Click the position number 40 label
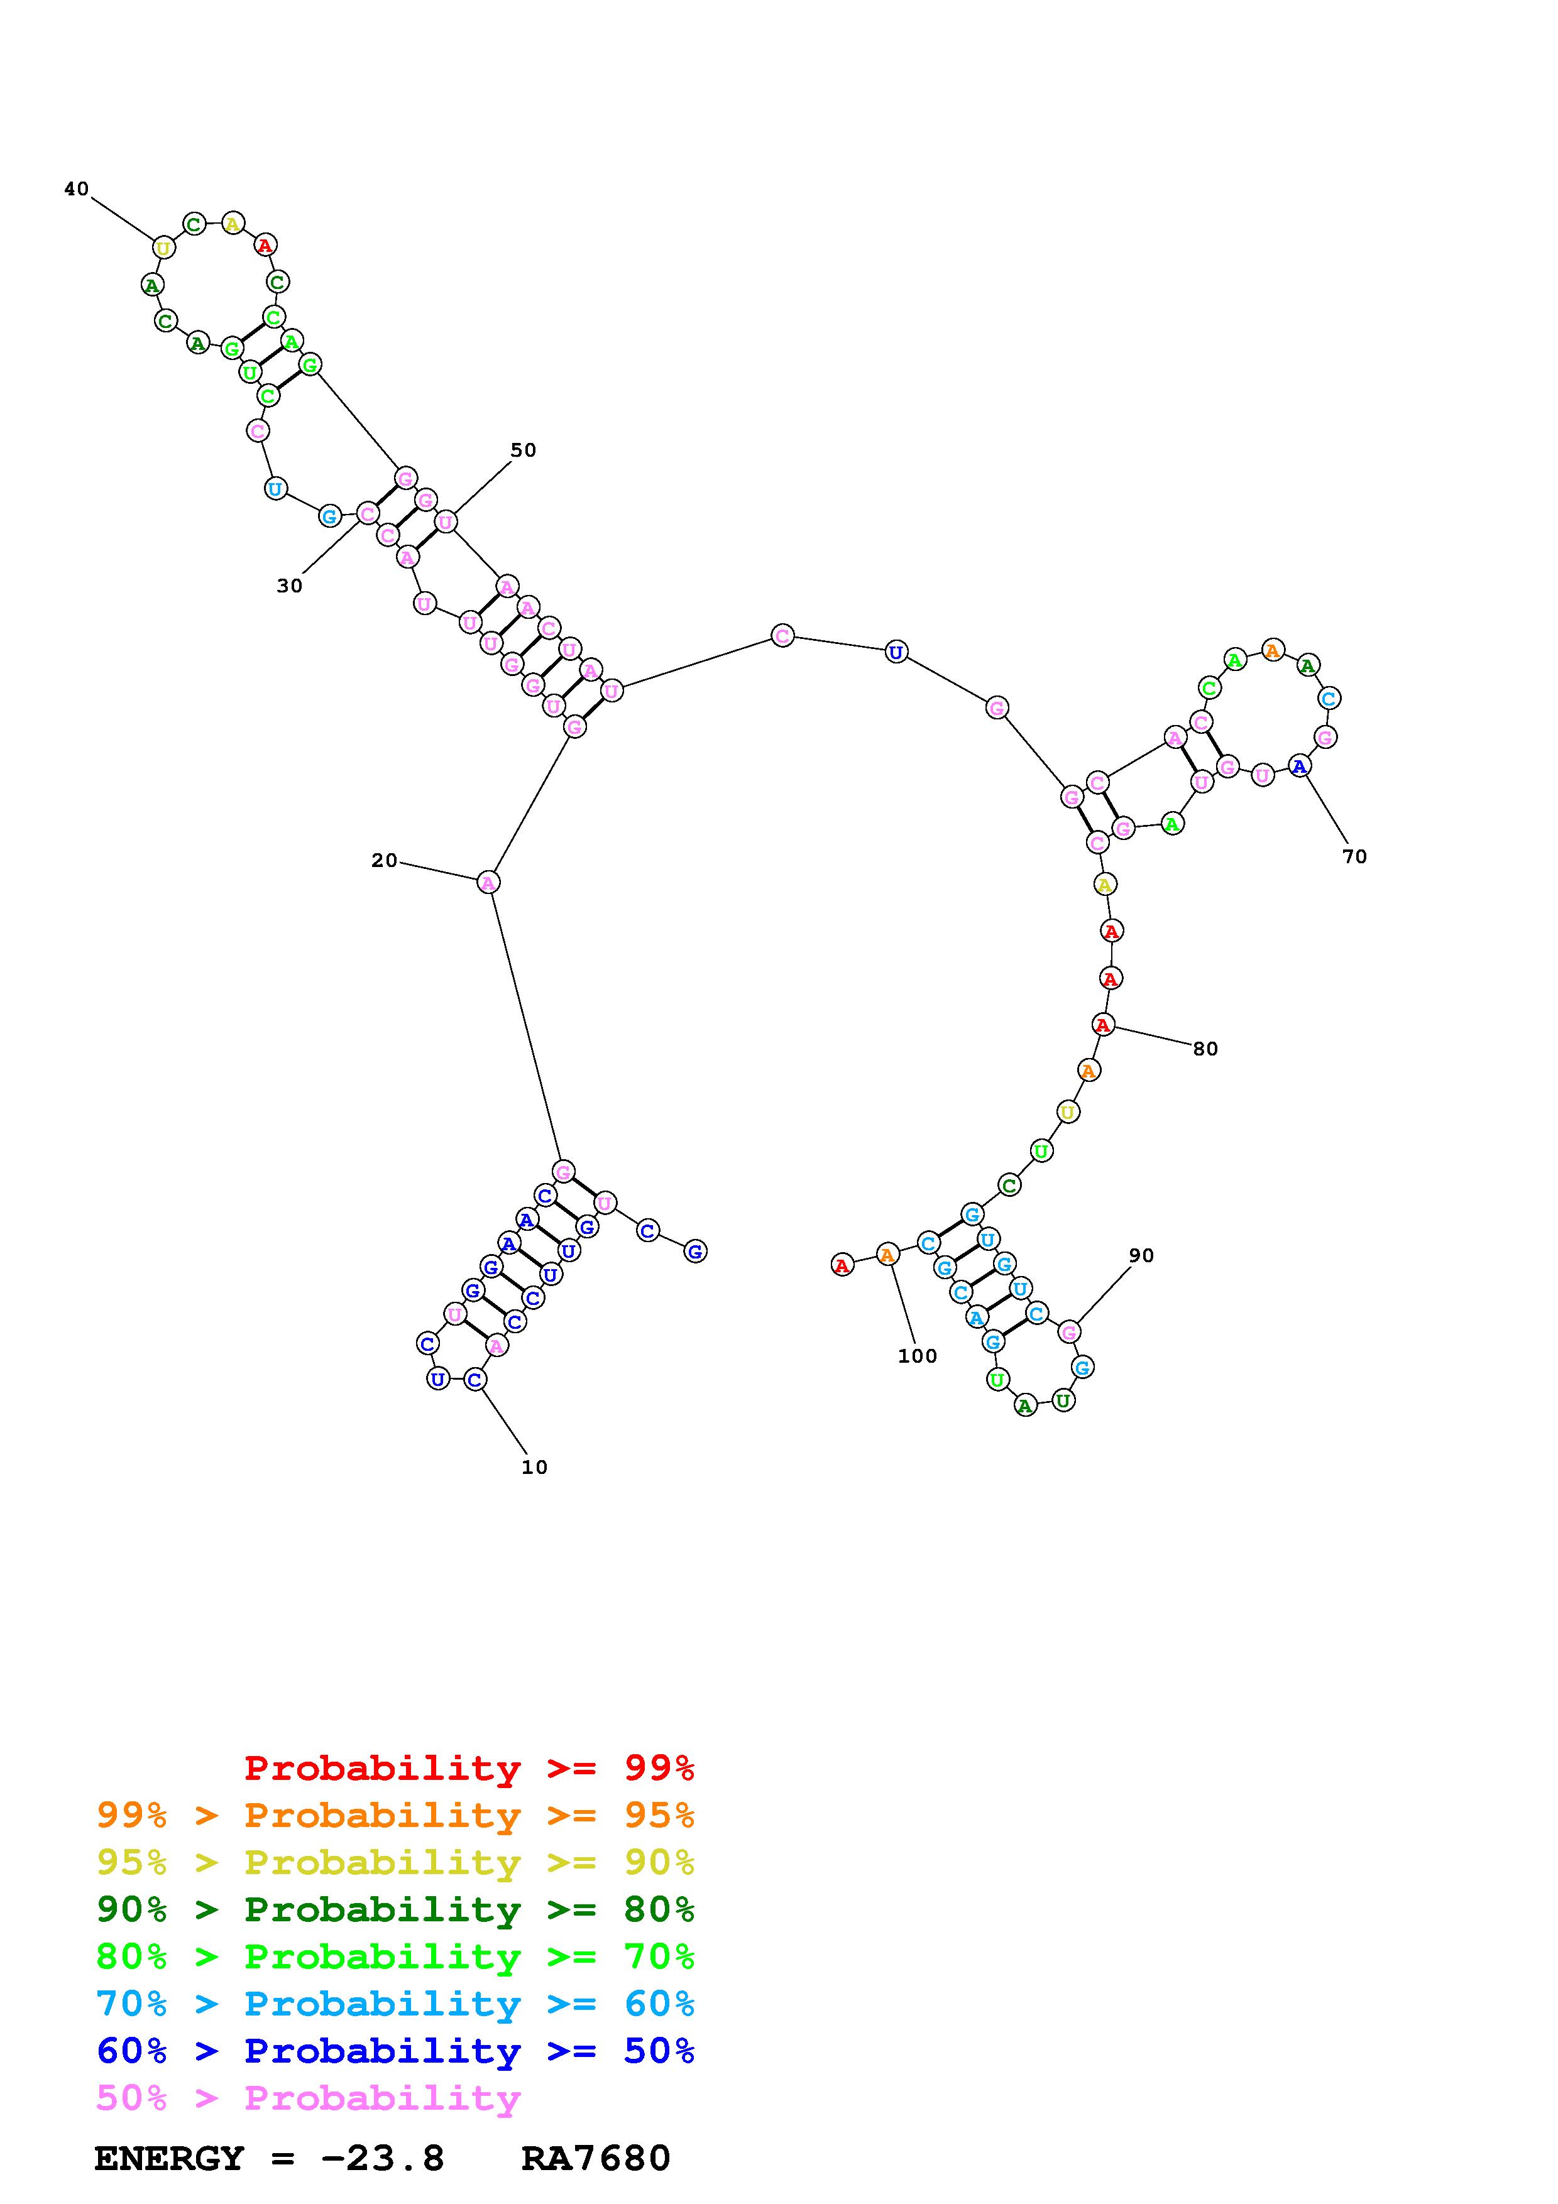click(77, 189)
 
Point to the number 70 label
click(1354, 856)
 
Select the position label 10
click(534, 1467)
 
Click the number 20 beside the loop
click(384, 860)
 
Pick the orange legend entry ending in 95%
click(395, 1815)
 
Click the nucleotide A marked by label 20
click(488, 882)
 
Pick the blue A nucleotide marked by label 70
click(1299, 766)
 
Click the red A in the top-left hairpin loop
click(265, 246)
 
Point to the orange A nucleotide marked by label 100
click(887, 1253)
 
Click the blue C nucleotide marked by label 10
click(475, 1380)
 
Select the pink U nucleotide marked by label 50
click(446, 521)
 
